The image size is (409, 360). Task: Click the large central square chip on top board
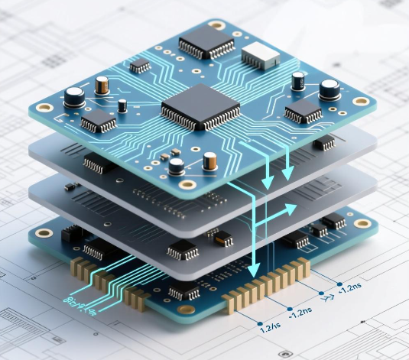pos(200,107)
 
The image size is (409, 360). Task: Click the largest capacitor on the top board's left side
pos(74,97)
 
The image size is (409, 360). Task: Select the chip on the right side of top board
pos(303,113)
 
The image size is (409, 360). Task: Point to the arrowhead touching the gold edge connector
pos(253,268)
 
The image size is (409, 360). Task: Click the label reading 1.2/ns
pos(269,327)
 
